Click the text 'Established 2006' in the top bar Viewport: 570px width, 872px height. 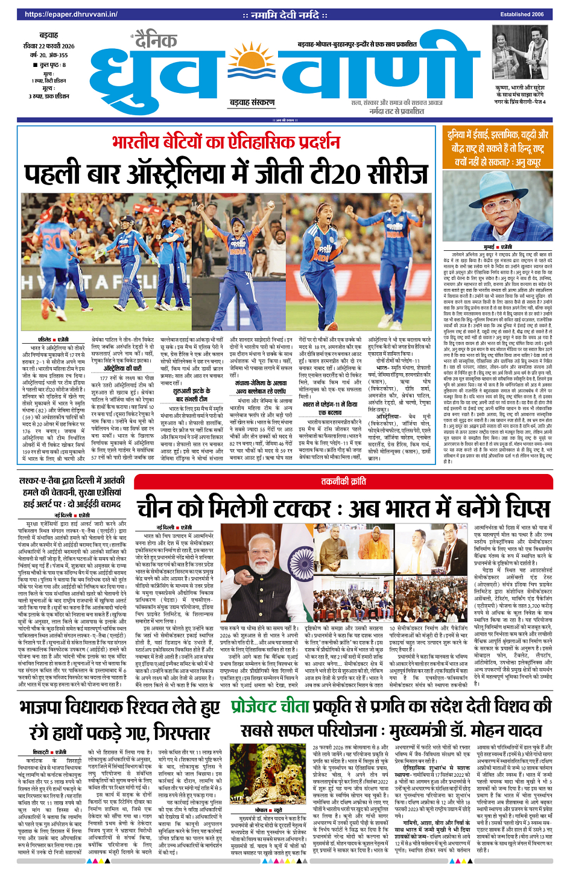click(522, 14)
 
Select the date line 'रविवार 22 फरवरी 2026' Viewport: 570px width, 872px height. click(49, 46)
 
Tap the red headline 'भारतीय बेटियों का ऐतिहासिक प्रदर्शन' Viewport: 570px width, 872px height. click(226, 142)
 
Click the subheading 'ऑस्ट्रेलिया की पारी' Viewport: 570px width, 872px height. click(122, 368)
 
